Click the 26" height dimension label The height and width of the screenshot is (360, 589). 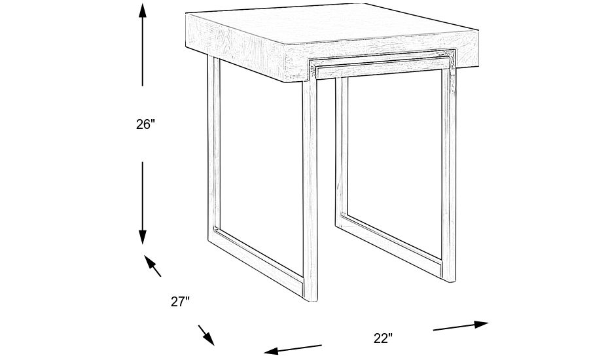pyautogui.click(x=145, y=124)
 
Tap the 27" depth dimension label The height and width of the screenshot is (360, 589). pyautogui.click(x=180, y=301)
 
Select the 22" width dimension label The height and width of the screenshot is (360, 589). pyautogui.click(x=383, y=338)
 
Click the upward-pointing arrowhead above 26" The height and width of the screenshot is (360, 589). pyautogui.click(x=143, y=10)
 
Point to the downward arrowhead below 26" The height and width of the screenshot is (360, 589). pyautogui.click(x=143, y=237)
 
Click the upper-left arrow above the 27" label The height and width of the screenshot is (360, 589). pyautogui.click(x=152, y=266)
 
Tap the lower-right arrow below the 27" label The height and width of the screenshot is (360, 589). pyautogui.click(x=206, y=335)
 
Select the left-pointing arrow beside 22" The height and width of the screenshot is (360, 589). pyautogui.click(x=293, y=349)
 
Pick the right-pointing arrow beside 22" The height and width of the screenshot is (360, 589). pyautogui.click(x=461, y=326)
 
